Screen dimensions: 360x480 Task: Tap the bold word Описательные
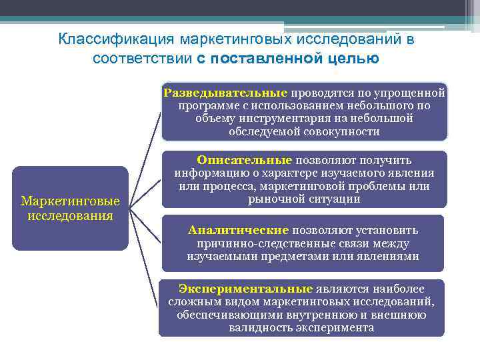click(x=244, y=160)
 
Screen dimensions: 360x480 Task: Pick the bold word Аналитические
click(x=238, y=230)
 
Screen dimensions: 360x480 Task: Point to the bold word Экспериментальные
click(x=245, y=289)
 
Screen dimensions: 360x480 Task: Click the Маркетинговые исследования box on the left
click(x=70, y=208)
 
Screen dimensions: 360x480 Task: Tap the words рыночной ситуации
click(x=303, y=199)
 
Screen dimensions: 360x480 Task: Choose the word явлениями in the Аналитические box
click(x=389, y=256)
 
